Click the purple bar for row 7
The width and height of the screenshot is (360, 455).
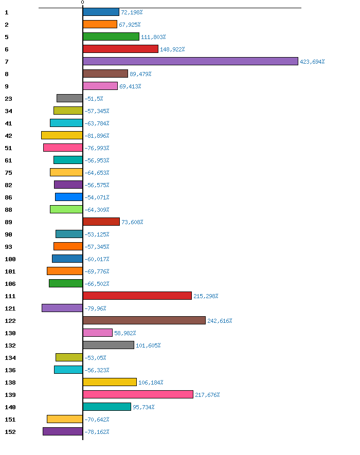click(x=190, y=61)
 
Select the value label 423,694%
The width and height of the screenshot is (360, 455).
click(x=312, y=62)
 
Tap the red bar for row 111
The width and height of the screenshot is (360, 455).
click(x=137, y=296)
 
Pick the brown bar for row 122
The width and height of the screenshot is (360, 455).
click(x=144, y=320)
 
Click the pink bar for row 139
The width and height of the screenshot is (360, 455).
click(x=138, y=394)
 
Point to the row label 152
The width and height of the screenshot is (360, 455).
click(x=10, y=432)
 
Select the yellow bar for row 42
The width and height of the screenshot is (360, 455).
click(x=62, y=135)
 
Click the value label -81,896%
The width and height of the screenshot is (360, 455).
click(x=97, y=136)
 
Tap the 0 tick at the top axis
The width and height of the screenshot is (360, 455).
click(x=82, y=3)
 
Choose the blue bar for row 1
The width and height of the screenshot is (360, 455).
click(x=101, y=12)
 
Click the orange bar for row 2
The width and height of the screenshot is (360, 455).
click(x=100, y=24)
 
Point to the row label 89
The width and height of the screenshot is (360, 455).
click(x=8, y=222)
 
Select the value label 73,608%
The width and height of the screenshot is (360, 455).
click(x=132, y=222)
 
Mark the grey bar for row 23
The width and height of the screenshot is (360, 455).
click(x=69, y=98)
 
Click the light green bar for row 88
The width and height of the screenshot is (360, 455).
click(x=66, y=209)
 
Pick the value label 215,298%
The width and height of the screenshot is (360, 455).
click(x=206, y=296)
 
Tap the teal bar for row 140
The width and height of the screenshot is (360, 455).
click(x=106, y=407)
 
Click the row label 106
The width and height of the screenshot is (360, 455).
click(x=10, y=284)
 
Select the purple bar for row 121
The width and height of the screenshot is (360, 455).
click(x=62, y=308)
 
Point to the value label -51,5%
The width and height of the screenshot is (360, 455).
click(x=94, y=99)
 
